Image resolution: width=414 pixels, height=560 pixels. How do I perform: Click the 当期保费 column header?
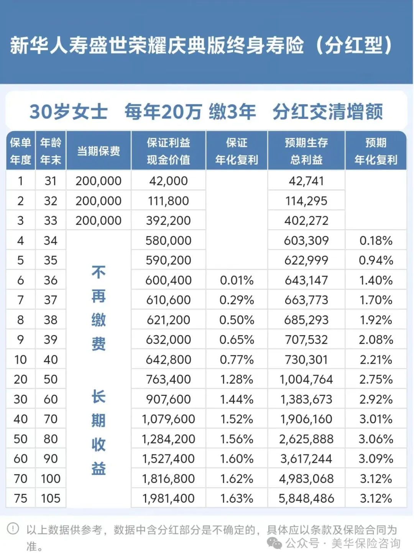(x=99, y=151)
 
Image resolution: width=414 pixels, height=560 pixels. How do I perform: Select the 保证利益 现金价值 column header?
(x=168, y=151)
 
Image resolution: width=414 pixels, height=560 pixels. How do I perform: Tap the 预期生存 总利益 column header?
(x=306, y=151)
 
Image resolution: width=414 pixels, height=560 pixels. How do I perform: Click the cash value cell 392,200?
(x=168, y=221)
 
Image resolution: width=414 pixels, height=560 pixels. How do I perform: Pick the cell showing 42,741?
(x=306, y=181)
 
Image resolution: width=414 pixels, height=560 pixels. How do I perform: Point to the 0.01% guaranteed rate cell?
(x=237, y=280)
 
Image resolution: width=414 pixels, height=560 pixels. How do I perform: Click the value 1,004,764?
(x=306, y=379)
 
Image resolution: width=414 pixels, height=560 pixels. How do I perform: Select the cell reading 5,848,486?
(x=306, y=498)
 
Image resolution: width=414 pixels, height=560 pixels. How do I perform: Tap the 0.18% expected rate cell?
(x=376, y=240)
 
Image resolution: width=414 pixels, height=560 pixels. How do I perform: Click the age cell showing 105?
(x=51, y=498)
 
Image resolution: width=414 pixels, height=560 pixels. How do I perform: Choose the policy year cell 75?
(x=21, y=498)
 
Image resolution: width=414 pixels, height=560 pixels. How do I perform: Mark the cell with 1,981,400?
(x=168, y=498)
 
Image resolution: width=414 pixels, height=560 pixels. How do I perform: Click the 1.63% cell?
(x=237, y=498)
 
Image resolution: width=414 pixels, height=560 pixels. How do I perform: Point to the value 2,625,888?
(x=306, y=439)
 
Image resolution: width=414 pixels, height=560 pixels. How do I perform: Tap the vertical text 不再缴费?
(x=99, y=308)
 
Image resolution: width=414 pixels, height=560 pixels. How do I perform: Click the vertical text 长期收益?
(x=99, y=432)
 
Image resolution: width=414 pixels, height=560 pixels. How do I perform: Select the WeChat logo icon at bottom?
(x=274, y=543)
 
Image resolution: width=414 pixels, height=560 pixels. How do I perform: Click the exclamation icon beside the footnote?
(x=13, y=529)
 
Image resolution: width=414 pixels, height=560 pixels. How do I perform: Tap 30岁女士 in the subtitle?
(x=69, y=112)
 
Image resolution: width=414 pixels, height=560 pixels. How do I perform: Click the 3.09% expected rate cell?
(x=376, y=459)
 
